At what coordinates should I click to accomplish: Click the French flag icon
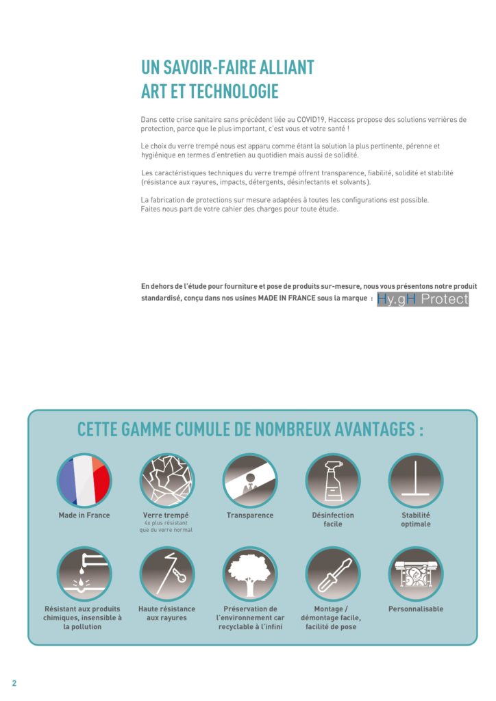click(84, 480)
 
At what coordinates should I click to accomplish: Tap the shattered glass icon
click(167, 480)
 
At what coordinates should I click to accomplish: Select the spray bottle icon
click(333, 480)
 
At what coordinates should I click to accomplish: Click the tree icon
click(250, 574)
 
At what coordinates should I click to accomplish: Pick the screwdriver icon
click(333, 574)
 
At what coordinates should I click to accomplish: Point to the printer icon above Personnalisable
click(416, 574)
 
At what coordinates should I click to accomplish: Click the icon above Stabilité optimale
click(416, 480)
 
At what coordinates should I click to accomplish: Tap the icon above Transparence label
click(250, 480)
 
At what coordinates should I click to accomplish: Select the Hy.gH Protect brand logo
click(423, 299)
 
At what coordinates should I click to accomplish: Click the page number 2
click(14, 683)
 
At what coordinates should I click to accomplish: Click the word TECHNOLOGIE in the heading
click(234, 91)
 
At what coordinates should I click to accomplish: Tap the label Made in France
click(84, 515)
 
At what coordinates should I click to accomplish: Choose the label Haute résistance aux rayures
click(166, 613)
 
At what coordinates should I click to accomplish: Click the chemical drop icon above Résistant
click(84, 574)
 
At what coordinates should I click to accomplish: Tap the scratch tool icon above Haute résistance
click(167, 574)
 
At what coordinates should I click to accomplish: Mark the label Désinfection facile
click(333, 520)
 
